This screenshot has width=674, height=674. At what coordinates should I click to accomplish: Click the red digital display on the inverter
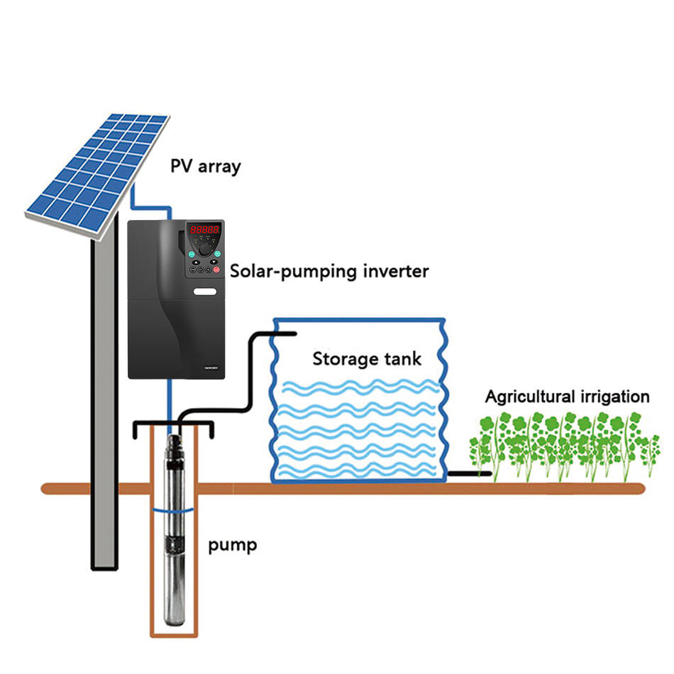(x=204, y=230)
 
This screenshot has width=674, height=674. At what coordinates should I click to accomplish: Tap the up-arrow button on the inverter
(x=196, y=262)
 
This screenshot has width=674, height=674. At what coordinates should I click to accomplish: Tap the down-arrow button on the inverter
(x=214, y=262)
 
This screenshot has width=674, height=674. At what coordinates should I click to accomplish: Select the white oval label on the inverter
(x=205, y=292)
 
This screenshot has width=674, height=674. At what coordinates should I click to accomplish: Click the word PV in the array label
(x=181, y=165)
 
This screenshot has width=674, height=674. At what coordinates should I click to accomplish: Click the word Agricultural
(x=530, y=397)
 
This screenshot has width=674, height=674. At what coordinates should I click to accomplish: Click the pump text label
(x=233, y=546)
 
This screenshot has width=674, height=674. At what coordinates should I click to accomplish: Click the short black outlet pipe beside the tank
(x=470, y=474)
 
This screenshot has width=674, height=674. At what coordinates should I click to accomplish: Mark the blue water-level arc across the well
(x=174, y=511)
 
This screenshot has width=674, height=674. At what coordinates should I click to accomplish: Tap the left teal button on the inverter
(x=192, y=254)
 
